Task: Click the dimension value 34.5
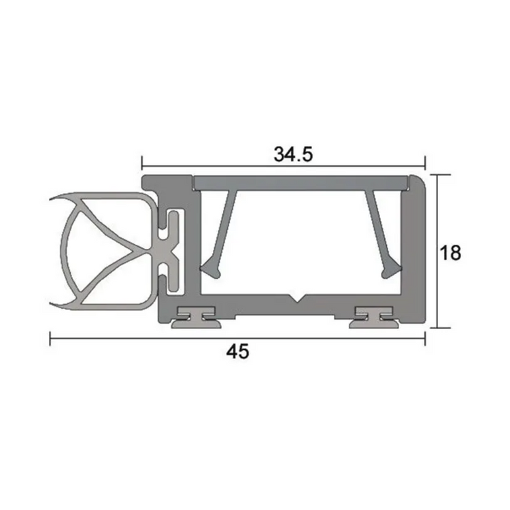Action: click(x=293, y=154)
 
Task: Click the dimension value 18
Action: click(x=450, y=253)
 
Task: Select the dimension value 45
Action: click(x=237, y=352)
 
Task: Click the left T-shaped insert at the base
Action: click(x=194, y=316)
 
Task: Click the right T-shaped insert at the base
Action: click(x=374, y=316)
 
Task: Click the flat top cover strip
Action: click(x=299, y=182)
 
